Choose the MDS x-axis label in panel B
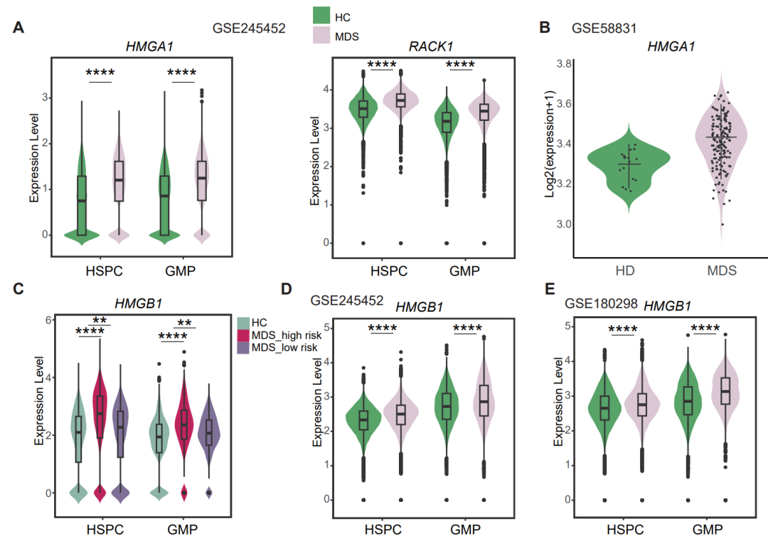722,271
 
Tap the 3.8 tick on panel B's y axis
564,64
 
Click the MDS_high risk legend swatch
242,335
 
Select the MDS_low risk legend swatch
242,347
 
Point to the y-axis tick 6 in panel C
44,320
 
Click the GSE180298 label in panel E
600,304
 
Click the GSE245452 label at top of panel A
249,29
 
